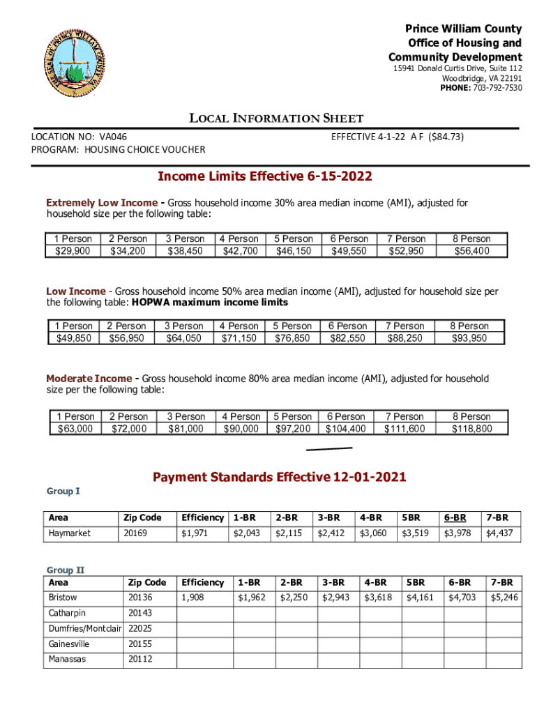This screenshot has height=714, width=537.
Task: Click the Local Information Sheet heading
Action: click(x=277, y=119)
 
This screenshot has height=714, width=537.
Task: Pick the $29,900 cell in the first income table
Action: click(x=72, y=251)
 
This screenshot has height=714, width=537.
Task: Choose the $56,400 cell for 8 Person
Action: click(x=471, y=251)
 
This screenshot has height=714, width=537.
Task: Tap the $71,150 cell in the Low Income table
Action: click(x=239, y=338)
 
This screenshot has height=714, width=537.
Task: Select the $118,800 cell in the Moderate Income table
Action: click(x=471, y=429)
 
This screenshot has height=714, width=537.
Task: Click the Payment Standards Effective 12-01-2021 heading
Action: click(x=279, y=478)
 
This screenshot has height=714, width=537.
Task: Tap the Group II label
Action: click(x=66, y=570)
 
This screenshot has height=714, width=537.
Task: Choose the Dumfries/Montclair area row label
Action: click(x=84, y=628)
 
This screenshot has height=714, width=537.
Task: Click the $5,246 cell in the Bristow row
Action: click(x=504, y=598)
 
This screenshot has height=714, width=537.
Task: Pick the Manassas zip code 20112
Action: click(x=140, y=659)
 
